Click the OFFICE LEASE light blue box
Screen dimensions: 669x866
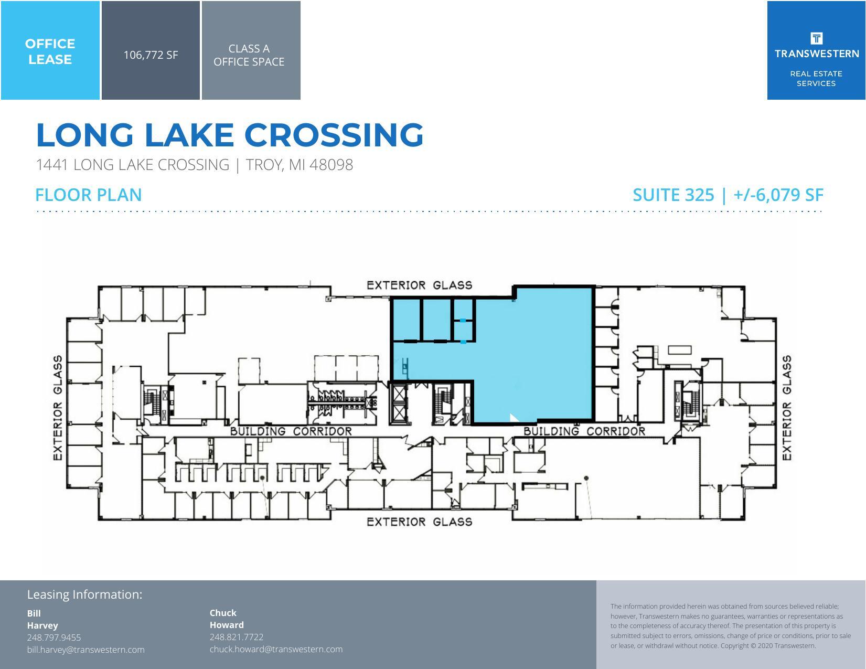pyautogui.click(x=50, y=51)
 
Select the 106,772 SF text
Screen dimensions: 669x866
pyautogui.click(x=151, y=55)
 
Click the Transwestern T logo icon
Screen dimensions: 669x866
pyautogui.click(x=816, y=38)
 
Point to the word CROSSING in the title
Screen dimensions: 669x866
pyautogui.click(x=334, y=135)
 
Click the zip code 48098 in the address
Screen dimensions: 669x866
pyautogui.click(x=331, y=165)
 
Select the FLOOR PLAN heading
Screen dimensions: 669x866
pyautogui.click(x=89, y=195)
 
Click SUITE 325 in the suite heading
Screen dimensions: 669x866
pyautogui.click(x=673, y=195)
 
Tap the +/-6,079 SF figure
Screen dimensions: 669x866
pyautogui.click(x=778, y=195)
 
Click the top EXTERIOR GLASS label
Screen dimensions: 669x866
pyautogui.click(x=419, y=285)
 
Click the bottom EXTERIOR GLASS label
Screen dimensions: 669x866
pyautogui.click(x=419, y=522)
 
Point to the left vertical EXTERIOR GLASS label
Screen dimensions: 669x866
pyautogui.click(x=58, y=408)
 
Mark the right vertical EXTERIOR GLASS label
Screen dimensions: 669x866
pyautogui.click(x=787, y=408)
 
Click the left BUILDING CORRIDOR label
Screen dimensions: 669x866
pyautogui.click(x=291, y=431)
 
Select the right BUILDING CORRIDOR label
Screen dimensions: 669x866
pyautogui.click(x=584, y=431)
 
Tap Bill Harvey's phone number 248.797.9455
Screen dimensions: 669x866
pyautogui.click(x=54, y=638)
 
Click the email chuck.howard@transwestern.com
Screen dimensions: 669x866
pyautogui.click(x=276, y=649)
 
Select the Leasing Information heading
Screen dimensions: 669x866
pyautogui.click(x=84, y=594)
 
